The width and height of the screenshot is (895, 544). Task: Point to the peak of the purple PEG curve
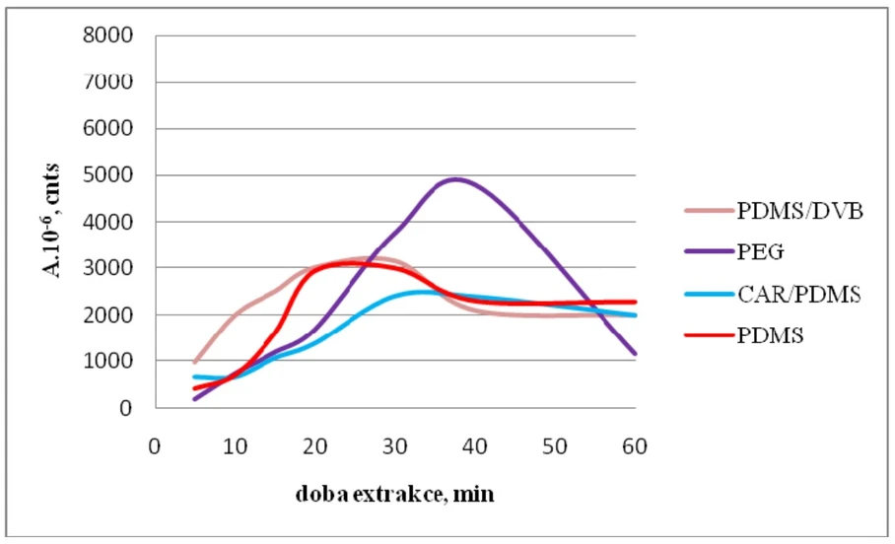pyautogui.click(x=454, y=179)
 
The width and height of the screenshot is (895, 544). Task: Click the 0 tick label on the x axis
pyautogui.click(x=155, y=445)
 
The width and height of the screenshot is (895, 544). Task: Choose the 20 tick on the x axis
pyautogui.click(x=314, y=445)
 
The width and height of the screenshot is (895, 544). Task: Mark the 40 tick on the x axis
pyautogui.click(x=474, y=445)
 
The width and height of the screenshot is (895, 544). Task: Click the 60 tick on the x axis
pyautogui.click(x=634, y=445)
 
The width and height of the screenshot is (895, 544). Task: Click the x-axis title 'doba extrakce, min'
pyautogui.click(x=394, y=494)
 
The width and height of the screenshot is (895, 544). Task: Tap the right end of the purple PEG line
pyautogui.click(x=634, y=353)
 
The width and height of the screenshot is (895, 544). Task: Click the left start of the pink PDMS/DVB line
pyautogui.click(x=194, y=363)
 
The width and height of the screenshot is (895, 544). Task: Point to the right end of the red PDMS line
pyautogui.click(x=634, y=302)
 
